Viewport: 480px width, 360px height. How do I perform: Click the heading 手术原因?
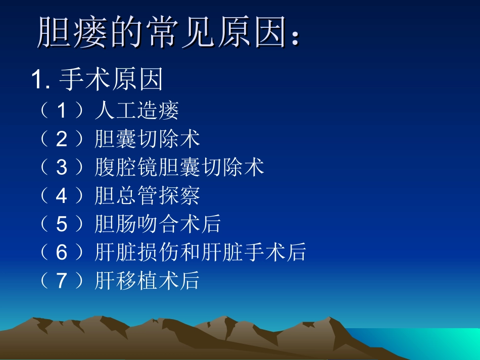[111, 80]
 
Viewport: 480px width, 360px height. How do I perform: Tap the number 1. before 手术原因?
[41, 80]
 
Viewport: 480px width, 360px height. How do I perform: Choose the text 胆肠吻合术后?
[158, 224]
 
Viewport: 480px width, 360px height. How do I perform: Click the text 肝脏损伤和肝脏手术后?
[200, 252]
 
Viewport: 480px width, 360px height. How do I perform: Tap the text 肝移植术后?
[147, 281]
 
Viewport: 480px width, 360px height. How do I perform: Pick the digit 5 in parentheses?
[61, 224]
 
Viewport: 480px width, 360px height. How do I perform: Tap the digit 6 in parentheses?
[61, 252]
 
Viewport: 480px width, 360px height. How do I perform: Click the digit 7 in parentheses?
[61, 281]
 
